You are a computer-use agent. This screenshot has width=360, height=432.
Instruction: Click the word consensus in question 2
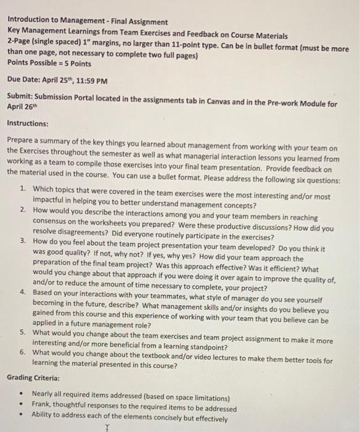point(53,226)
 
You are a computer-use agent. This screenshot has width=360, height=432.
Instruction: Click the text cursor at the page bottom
point(107,427)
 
